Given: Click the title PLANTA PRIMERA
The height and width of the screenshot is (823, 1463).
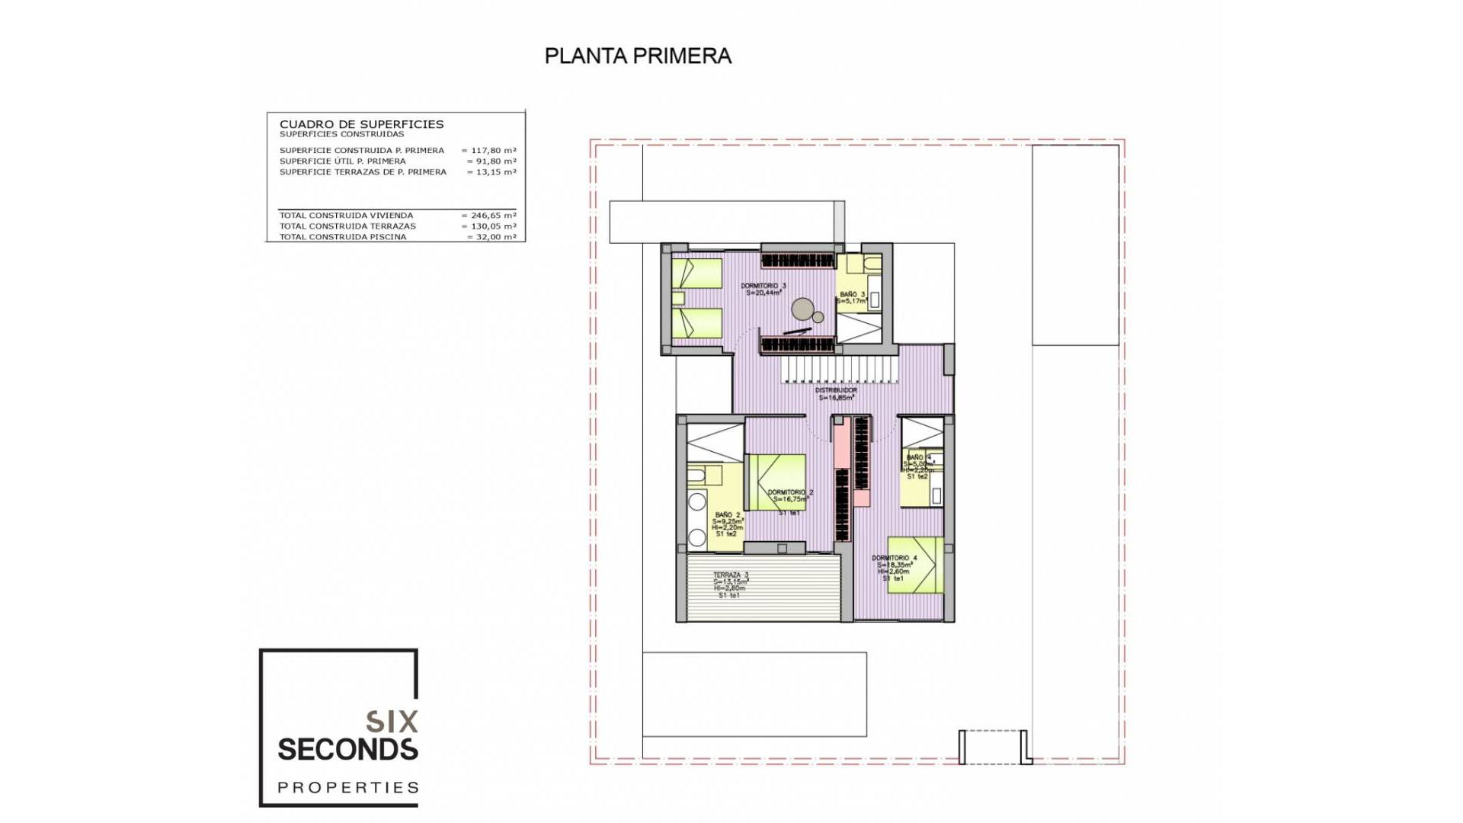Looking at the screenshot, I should (638, 56).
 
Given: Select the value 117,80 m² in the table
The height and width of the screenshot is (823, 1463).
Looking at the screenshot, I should (492, 151).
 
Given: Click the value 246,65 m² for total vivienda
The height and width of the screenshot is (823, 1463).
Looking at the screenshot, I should (492, 216).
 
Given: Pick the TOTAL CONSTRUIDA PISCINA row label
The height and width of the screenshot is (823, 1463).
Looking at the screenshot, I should (342, 237).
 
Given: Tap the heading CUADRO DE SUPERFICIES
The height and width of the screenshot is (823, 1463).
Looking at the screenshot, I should (361, 124).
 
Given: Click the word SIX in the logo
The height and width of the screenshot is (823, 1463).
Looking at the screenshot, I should (392, 722).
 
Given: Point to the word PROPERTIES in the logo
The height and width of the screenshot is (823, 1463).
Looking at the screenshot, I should (348, 787).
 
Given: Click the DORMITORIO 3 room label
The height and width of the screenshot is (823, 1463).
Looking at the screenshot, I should (763, 287).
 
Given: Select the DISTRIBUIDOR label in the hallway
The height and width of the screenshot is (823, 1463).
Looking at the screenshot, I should (836, 390).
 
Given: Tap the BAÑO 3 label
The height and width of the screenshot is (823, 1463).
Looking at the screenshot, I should (852, 294).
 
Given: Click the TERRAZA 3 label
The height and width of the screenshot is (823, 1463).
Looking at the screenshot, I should (730, 575).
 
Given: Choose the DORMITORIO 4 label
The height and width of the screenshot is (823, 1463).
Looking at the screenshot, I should (894, 558).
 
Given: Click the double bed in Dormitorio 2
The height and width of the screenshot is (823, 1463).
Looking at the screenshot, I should (776, 482).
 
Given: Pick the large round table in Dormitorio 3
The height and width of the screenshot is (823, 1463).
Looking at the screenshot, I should (802, 309).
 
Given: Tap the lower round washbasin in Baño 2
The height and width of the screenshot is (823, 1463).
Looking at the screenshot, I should (696, 538).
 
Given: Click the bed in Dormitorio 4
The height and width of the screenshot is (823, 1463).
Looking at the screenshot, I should (917, 565).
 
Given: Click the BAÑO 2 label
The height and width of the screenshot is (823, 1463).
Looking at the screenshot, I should (727, 515).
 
